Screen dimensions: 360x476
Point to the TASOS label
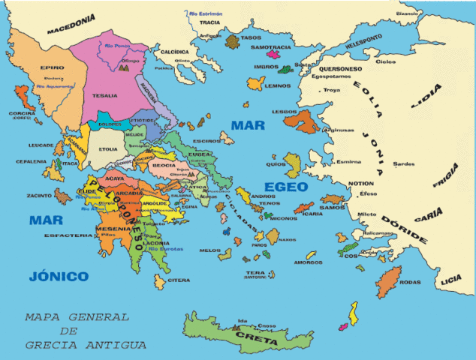click(252, 37)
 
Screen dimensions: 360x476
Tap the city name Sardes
click(404, 163)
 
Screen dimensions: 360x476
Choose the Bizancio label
click(407, 13)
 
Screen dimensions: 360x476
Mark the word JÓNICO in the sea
click(59, 276)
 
